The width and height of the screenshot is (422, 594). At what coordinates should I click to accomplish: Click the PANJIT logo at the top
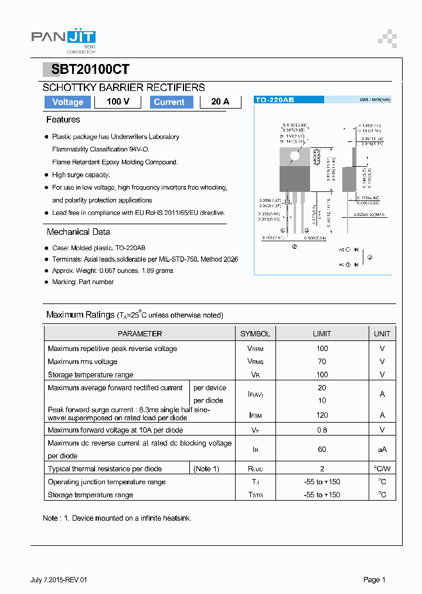(x=63, y=38)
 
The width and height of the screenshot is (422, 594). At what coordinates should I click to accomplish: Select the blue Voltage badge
(x=68, y=102)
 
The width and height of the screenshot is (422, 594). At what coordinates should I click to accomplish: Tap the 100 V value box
(x=118, y=102)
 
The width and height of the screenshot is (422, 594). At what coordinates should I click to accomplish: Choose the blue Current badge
(x=169, y=102)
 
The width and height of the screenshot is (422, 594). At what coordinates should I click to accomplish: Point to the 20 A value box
(x=220, y=102)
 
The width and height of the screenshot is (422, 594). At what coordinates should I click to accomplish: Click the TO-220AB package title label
(x=275, y=100)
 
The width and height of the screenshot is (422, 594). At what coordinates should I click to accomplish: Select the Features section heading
(x=63, y=120)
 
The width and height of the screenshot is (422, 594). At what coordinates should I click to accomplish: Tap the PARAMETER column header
(x=139, y=333)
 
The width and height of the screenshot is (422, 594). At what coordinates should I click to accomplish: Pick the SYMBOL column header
(x=255, y=333)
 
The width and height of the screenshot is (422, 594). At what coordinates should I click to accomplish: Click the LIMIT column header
(x=322, y=333)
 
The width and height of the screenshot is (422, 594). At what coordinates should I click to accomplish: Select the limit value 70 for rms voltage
(x=322, y=362)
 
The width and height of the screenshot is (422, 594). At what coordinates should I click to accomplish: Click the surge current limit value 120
(x=322, y=415)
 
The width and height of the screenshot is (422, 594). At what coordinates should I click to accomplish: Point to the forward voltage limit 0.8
(x=322, y=430)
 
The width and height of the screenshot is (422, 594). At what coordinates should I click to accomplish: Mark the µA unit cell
(x=382, y=450)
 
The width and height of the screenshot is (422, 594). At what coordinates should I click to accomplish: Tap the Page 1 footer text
(x=374, y=580)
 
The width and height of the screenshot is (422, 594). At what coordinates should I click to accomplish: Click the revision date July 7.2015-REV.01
(x=59, y=580)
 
